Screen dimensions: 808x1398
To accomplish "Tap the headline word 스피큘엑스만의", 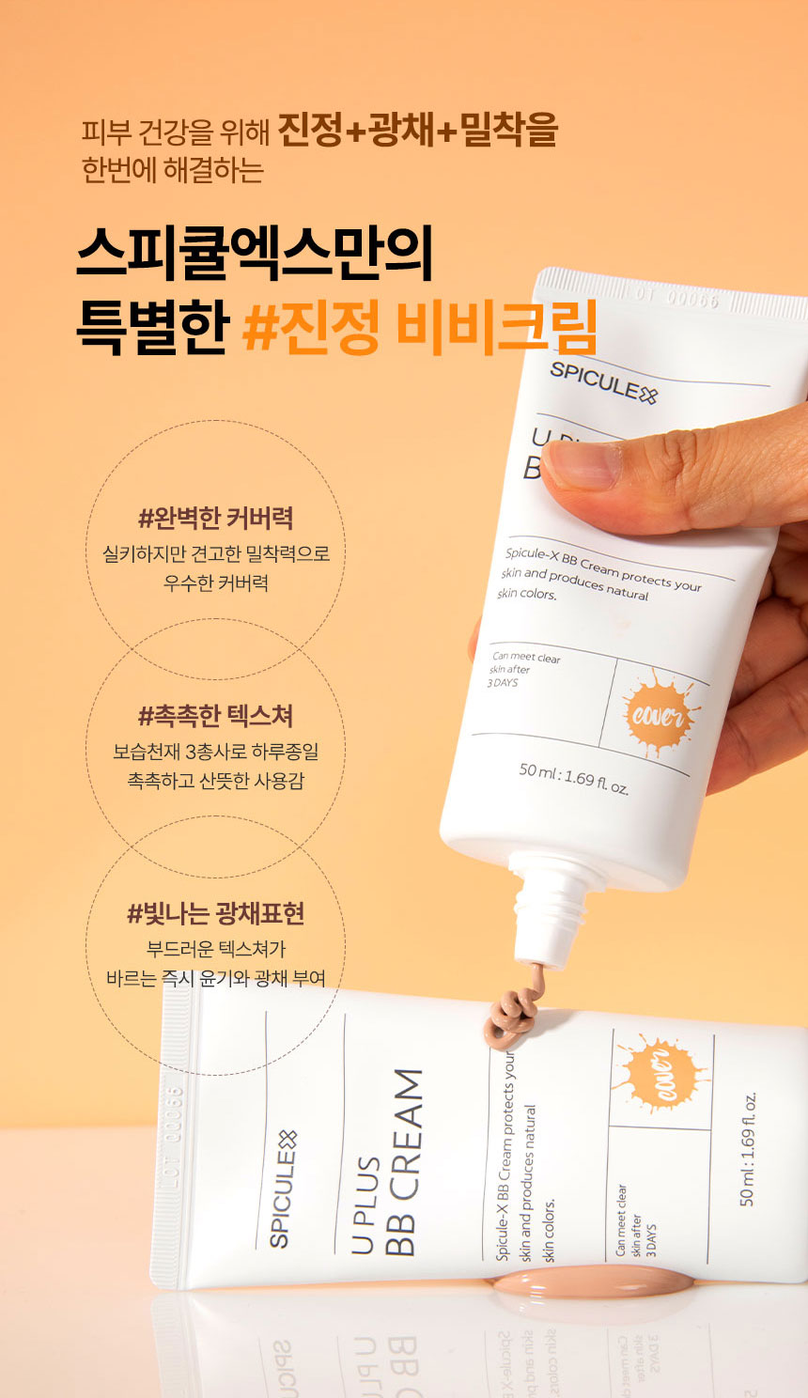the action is tap(255, 254).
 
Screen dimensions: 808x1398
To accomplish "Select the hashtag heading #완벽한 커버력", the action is tap(215, 518).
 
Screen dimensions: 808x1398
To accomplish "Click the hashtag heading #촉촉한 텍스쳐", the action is tap(215, 716).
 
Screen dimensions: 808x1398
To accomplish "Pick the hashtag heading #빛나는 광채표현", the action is tap(215, 914).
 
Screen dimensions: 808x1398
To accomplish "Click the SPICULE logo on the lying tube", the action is tap(283, 1188).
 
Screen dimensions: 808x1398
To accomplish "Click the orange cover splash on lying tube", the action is tap(660, 1073).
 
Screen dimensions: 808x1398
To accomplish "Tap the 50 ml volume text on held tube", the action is tap(573, 779).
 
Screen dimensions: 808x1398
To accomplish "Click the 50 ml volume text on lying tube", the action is tap(748, 1149).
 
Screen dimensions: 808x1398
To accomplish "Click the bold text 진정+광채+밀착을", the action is tap(417, 130).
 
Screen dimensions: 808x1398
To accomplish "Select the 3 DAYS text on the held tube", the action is tap(503, 682).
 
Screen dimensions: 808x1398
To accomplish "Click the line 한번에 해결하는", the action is tap(173, 170).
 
